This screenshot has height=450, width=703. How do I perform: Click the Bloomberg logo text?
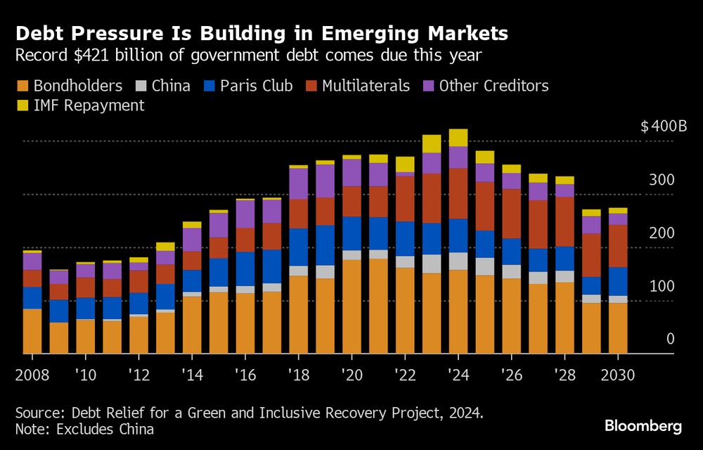click(x=643, y=426)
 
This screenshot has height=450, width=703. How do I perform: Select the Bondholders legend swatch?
click(x=22, y=86)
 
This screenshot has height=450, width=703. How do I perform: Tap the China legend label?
click(x=172, y=86)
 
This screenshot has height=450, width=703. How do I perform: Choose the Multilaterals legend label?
click(x=366, y=86)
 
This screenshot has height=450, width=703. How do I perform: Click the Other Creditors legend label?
click(x=494, y=86)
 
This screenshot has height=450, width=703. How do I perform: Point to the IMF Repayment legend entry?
click(x=89, y=105)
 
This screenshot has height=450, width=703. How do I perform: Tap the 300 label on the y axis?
click(x=661, y=180)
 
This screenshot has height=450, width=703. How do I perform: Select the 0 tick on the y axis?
click(x=670, y=339)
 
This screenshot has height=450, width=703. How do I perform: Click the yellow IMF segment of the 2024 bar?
click(x=458, y=137)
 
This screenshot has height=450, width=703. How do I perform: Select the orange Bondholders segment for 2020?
click(x=351, y=306)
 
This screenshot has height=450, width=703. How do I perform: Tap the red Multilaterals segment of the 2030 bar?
click(x=618, y=245)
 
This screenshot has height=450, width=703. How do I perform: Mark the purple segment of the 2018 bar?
click(x=299, y=184)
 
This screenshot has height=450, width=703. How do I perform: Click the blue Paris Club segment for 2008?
click(x=32, y=297)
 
